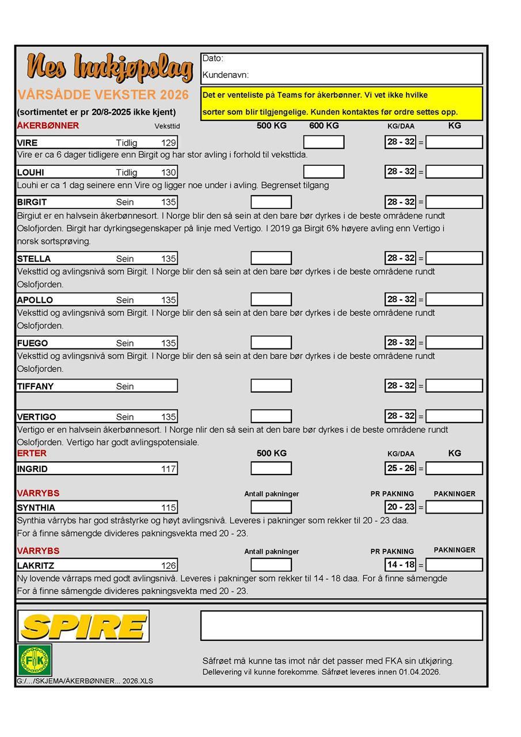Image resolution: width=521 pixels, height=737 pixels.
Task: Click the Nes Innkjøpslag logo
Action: point(109,68)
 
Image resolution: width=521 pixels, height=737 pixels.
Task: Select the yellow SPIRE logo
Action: point(83,626)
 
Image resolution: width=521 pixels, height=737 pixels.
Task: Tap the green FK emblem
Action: point(35,660)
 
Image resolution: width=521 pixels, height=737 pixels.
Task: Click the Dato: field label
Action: point(213,58)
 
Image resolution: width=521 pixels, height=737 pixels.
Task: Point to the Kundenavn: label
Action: point(225,75)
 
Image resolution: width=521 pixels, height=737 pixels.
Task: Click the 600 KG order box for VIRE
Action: point(324,142)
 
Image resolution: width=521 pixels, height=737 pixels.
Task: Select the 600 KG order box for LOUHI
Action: point(324,172)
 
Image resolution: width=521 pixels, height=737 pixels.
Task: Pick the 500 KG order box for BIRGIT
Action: point(271,202)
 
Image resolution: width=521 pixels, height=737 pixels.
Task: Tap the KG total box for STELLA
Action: point(454,258)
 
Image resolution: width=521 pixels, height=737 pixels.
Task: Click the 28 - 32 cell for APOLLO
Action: point(401,299)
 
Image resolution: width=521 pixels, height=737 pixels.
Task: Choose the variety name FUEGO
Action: point(32,343)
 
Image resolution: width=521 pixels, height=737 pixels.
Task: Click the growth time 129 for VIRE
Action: point(168,142)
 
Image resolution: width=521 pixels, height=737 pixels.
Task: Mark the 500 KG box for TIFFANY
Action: point(271,386)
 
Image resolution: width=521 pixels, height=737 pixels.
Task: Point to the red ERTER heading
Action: point(32,453)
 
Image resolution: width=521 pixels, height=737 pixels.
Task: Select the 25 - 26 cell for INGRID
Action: point(401,468)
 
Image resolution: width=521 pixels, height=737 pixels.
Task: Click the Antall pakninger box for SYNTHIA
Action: point(271,507)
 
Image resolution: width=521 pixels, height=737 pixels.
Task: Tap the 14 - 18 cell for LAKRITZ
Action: point(401,565)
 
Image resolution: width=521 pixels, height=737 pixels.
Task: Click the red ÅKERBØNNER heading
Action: point(48,126)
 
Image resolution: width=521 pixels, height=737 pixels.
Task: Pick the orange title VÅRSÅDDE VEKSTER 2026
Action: point(103,95)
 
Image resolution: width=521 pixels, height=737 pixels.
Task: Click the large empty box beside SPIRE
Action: point(341,625)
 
